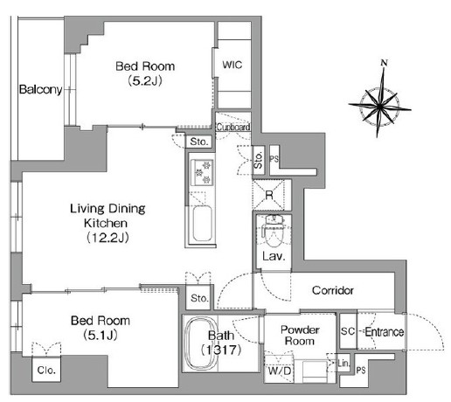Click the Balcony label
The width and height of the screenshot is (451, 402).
point(40,89)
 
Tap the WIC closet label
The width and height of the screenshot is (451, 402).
point(232,65)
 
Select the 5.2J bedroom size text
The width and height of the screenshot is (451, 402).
point(145,80)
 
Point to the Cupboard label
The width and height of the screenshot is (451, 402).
point(233,127)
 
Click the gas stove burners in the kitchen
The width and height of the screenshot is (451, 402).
point(202,172)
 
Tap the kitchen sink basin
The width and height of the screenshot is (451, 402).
point(202,223)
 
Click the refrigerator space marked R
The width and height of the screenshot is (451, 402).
point(268,195)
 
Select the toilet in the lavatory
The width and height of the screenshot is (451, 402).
point(274,231)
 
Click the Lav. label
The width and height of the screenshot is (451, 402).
point(274,256)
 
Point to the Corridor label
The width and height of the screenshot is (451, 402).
point(333,290)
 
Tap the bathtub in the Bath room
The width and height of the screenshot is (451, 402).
point(201,343)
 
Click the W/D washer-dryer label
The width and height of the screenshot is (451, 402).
point(280,371)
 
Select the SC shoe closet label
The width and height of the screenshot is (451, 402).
point(348,331)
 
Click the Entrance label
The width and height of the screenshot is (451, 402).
point(385,332)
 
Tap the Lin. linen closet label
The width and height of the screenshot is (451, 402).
point(343,364)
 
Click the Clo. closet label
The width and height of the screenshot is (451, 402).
point(46,370)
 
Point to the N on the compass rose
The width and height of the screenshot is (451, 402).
point(385,62)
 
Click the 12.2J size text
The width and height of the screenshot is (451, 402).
point(108,238)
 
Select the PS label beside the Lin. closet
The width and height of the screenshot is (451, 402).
point(361,371)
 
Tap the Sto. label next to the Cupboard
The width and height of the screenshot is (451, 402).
point(199,142)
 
